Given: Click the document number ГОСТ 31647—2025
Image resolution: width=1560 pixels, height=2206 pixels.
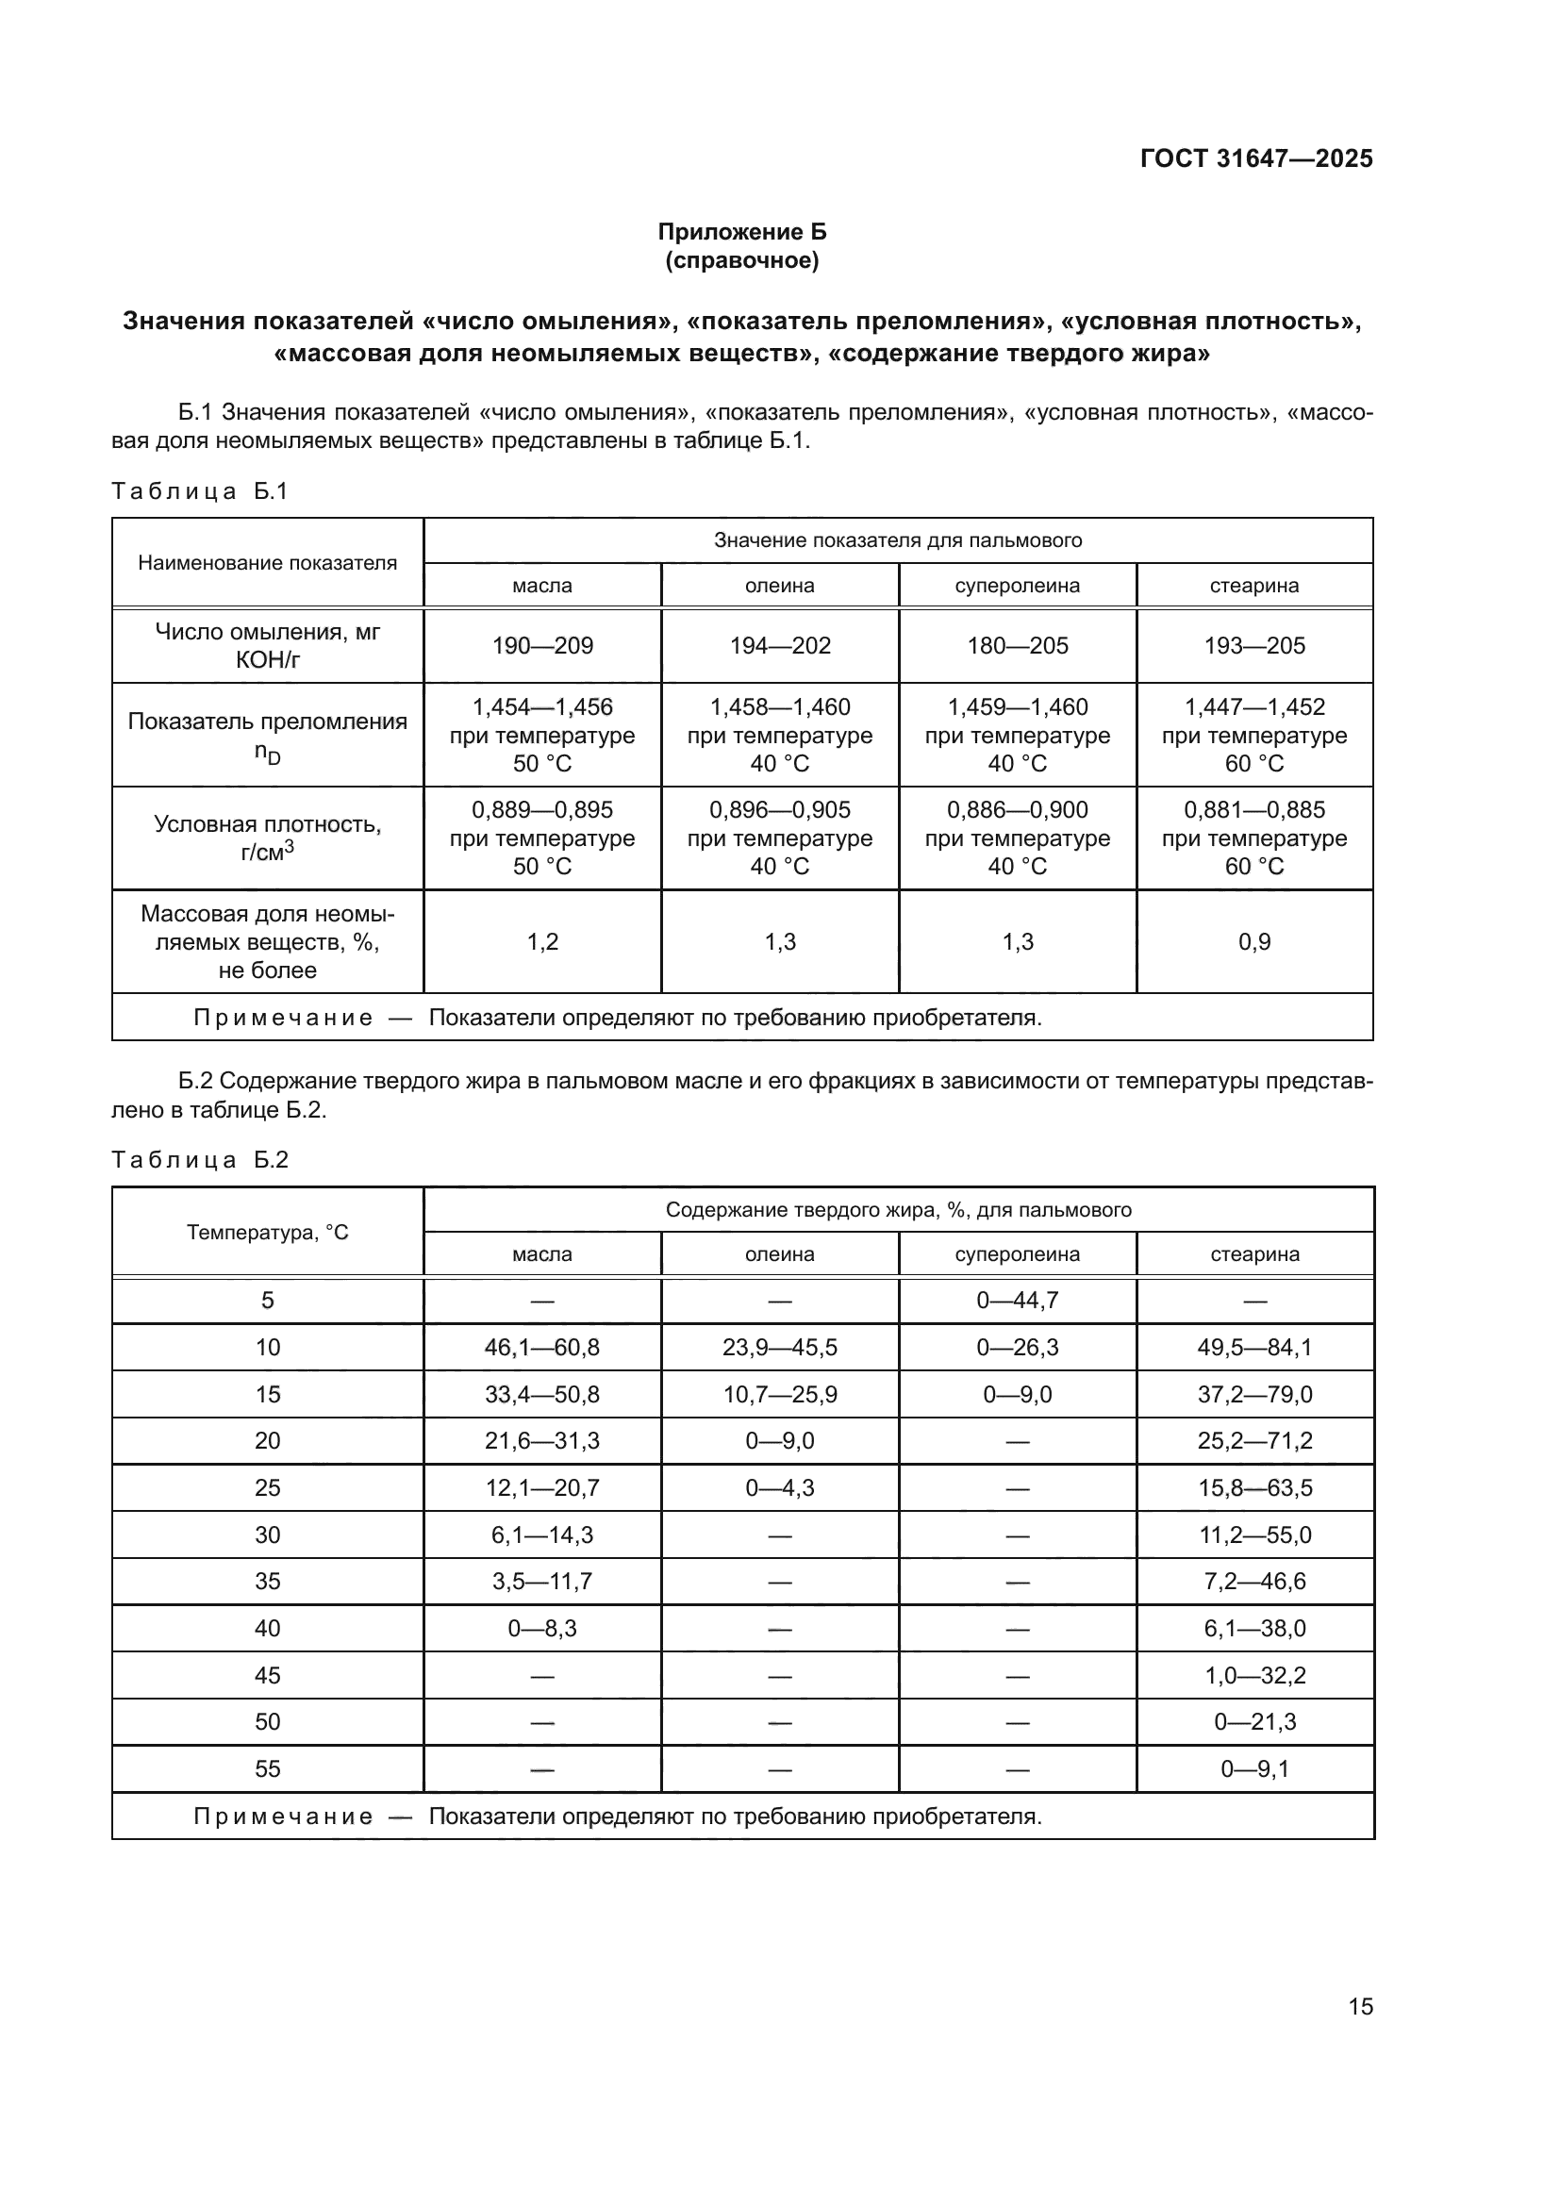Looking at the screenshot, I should (1255, 158).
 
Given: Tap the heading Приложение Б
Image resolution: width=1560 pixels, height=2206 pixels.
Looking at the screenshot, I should (741, 232).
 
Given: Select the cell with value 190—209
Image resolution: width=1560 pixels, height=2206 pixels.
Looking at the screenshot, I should (541, 646).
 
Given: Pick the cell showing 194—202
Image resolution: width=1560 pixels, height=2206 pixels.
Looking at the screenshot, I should (780, 646).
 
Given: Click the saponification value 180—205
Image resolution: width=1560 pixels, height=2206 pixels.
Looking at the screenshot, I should (1018, 646).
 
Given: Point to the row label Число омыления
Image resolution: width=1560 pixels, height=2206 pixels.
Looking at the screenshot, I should (267, 645).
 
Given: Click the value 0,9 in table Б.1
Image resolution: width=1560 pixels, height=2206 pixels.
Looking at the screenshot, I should (1254, 941).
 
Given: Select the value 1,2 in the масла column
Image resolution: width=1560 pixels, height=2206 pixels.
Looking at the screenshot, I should (541, 941).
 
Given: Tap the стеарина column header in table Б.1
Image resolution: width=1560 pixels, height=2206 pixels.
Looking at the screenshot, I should (1254, 585).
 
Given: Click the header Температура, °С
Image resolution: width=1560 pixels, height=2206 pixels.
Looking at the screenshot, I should (267, 1232).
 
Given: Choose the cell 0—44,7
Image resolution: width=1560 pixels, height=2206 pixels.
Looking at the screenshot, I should (1018, 1300).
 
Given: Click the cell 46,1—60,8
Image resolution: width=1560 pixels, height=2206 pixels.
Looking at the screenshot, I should (541, 1347).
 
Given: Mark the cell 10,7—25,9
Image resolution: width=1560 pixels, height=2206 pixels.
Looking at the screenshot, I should (780, 1394).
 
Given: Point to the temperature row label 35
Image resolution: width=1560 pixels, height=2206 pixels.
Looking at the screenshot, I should (267, 1581).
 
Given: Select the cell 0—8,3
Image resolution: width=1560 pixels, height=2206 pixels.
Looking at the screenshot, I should (541, 1628).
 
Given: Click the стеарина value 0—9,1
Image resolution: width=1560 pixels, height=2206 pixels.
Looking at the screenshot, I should (1254, 1767).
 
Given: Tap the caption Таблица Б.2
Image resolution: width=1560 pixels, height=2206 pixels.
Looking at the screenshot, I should (200, 1160).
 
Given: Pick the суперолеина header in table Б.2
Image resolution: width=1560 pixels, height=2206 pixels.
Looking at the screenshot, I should (1018, 1253).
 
